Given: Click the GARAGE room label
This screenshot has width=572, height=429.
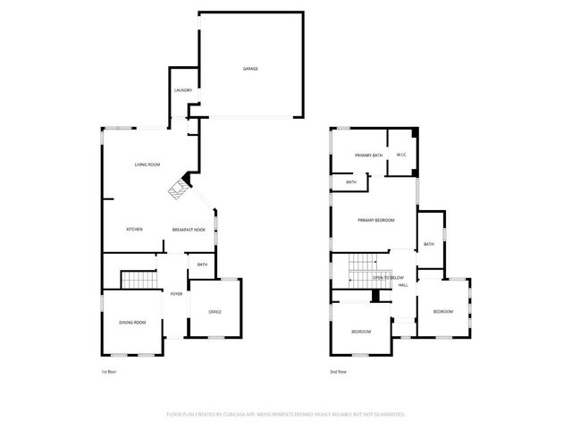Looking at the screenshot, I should [250, 69].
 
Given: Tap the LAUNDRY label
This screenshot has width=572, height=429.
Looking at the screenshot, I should [182, 90].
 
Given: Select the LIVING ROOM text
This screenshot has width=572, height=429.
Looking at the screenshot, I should [147, 165].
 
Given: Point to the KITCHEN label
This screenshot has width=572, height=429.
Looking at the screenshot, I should [134, 230].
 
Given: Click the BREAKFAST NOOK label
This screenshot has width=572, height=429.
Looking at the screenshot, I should [189, 231].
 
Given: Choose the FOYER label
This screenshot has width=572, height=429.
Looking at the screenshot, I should [176, 293].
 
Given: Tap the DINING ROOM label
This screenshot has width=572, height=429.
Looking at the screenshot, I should [132, 322].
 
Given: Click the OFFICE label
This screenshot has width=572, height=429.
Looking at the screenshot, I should [214, 311].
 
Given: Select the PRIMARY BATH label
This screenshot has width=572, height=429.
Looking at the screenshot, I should [368, 156].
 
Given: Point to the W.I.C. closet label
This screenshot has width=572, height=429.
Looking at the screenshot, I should [401, 155].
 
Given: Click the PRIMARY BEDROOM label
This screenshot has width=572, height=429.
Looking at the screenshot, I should [375, 220].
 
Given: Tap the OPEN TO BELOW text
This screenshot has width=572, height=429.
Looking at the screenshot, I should [388, 278].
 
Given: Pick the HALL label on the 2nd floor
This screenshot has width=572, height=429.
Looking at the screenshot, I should [403, 285].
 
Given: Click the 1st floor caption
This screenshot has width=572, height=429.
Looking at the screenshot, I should [109, 372].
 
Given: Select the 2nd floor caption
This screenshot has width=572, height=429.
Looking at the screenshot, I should [338, 372].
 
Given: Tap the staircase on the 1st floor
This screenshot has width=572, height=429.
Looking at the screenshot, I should [139, 281].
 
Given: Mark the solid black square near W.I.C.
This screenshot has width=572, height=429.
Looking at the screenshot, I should [414, 134].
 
